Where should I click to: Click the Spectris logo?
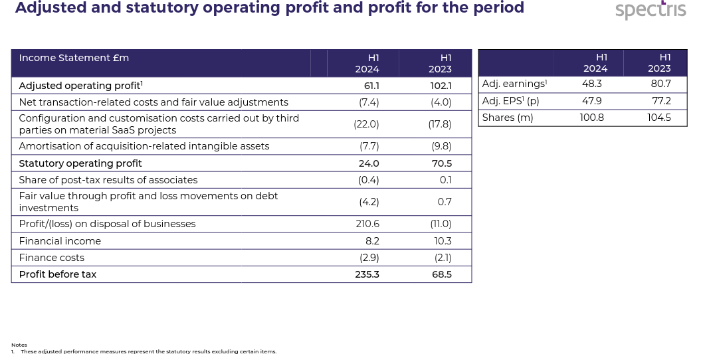(650, 10)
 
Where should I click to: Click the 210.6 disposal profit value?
(367, 224)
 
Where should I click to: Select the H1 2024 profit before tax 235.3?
(367, 274)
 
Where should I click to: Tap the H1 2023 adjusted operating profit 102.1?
(441, 86)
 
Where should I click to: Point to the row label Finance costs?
(52, 258)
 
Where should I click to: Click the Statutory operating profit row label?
(80, 163)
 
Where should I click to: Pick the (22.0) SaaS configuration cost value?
(366, 124)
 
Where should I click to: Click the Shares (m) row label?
(508, 118)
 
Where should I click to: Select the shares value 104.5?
(658, 118)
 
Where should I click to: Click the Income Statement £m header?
(74, 58)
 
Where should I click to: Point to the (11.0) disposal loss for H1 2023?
(441, 224)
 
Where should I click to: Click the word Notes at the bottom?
(19, 345)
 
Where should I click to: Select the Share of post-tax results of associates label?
(108, 180)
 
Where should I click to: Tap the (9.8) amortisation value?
(441, 146)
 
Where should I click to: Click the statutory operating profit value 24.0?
(369, 163)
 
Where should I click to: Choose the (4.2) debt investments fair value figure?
(369, 202)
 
